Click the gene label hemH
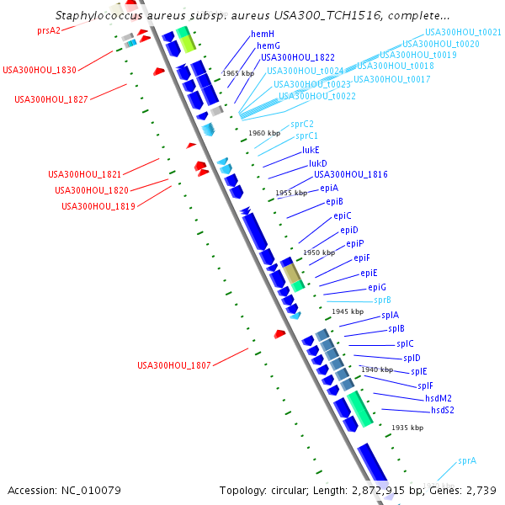(x=263, y=34)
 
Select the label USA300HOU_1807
(x=174, y=365)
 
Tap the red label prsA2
(x=49, y=29)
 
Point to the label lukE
(x=311, y=150)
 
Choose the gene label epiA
(x=329, y=188)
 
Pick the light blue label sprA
(x=467, y=461)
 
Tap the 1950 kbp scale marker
(x=319, y=252)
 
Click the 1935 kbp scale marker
(x=407, y=428)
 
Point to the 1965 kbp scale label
(x=238, y=73)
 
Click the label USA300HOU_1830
(x=39, y=70)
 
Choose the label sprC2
(x=302, y=124)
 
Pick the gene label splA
(x=391, y=315)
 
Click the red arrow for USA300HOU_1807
(x=279, y=334)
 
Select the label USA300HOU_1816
(x=351, y=174)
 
